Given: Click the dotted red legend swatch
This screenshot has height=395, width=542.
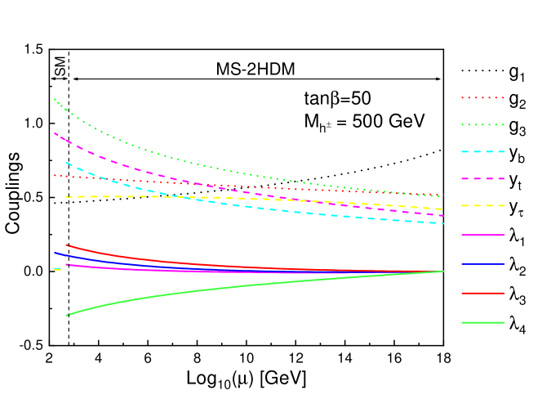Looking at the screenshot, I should (x=482, y=97).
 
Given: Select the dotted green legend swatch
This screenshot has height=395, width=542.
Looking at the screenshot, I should (x=482, y=124).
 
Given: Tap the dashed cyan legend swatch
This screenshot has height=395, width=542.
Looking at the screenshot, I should (x=482, y=151).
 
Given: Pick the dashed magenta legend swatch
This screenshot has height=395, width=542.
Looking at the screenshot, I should (x=482, y=178).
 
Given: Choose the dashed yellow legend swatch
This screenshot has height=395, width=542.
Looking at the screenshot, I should (x=482, y=205).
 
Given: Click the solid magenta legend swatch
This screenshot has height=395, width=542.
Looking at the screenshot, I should (x=482, y=235).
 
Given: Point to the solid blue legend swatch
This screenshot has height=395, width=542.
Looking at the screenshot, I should (x=482, y=263).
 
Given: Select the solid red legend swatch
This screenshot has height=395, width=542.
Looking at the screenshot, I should (x=482, y=293).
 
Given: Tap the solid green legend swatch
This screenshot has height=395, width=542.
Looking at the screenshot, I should (x=482, y=322).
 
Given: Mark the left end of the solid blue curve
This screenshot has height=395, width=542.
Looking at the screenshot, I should (x=55, y=253).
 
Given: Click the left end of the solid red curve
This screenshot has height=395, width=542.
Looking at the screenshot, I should (x=67, y=245).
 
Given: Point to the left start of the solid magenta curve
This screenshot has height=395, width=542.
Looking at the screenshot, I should (x=67, y=264).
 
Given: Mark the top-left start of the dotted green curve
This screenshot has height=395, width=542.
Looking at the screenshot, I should (x=55, y=99).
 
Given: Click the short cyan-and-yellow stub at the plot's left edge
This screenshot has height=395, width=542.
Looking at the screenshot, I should (x=57, y=269).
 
